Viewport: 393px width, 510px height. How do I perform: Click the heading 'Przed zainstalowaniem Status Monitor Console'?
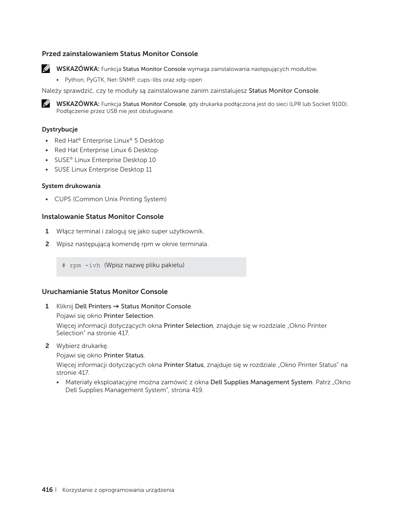(119, 54)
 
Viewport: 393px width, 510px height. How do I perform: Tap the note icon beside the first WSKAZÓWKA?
(46, 69)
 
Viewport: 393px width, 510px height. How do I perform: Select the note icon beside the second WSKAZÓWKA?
(46, 104)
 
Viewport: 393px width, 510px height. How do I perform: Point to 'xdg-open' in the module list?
(189, 80)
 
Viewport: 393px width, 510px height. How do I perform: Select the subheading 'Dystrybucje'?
(60, 129)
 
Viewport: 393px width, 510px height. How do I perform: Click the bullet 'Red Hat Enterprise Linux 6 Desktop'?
(106, 150)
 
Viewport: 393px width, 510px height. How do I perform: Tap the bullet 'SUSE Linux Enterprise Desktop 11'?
(103, 169)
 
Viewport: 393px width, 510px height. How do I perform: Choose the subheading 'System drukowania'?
(71, 186)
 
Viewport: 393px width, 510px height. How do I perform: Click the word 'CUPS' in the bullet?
(63, 199)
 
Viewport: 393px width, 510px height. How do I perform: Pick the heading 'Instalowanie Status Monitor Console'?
(103, 216)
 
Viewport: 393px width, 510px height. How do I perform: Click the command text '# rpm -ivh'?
(81, 266)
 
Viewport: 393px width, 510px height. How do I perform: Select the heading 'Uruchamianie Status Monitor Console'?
(105, 291)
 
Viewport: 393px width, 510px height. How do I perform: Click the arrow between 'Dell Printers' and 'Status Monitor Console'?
(116, 306)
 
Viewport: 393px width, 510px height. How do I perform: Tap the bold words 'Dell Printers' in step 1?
(93, 306)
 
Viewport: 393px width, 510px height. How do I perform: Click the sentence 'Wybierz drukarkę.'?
(82, 346)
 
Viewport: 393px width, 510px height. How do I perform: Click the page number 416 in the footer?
(47, 490)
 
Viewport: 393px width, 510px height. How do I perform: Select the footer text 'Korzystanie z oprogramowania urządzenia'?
(118, 490)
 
